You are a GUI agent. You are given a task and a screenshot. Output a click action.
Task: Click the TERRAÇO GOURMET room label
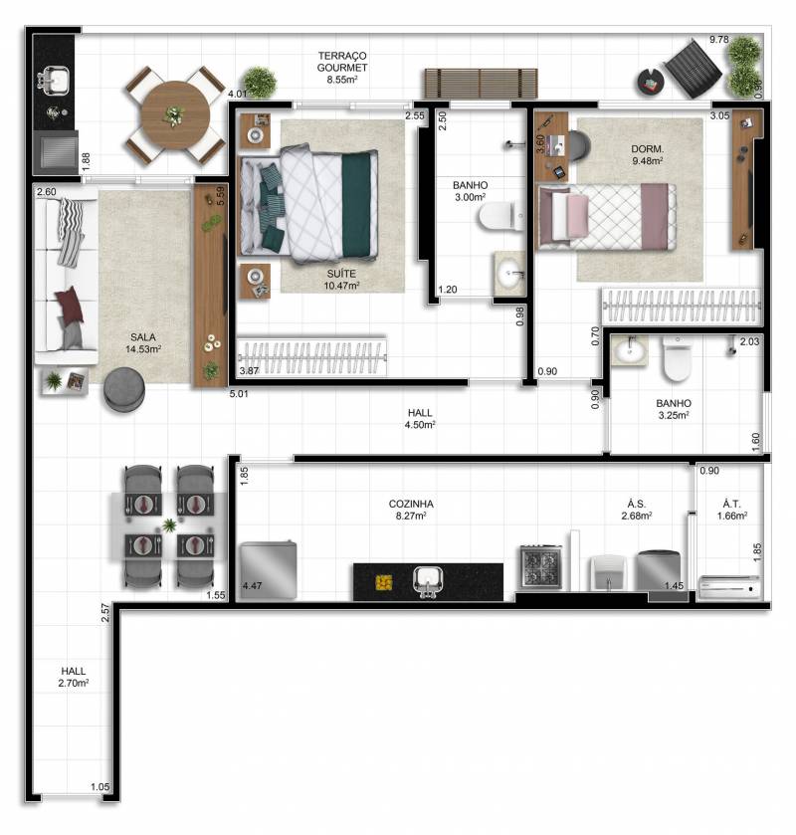pyautogui.click(x=342, y=68)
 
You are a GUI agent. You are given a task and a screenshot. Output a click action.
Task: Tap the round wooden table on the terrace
pyautogui.click(x=175, y=115)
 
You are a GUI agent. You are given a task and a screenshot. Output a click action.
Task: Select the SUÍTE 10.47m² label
pyautogui.click(x=341, y=280)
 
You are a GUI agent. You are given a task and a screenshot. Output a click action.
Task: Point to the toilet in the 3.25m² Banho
pyautogui.click(x=677, y=359)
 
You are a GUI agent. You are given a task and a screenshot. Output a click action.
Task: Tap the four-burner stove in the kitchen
pyautogui.click(x=541, y=566)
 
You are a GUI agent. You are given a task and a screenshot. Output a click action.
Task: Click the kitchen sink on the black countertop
pyautogui.click(x=428, y=580)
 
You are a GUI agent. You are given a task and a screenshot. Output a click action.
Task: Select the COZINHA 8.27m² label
pyautogui.click(x=411, y=510)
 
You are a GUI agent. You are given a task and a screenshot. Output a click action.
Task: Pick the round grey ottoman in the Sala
pyautogui.click(x=124, y=388)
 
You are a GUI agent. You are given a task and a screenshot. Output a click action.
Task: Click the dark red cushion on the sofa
pyautogui.click(x=70, y=305)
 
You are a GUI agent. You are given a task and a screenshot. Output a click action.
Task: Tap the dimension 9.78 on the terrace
pyautogui.click(x=718, y=40)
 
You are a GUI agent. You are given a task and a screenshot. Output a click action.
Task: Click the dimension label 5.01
pyautogui.click(x=239, y=394)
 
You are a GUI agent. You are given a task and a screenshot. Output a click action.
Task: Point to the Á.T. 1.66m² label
pyautogui.click(x=731, y=510)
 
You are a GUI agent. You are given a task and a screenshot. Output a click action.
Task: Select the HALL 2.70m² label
pyautogui.click(x=73, y=677)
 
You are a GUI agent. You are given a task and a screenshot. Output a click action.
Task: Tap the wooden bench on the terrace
pyautogui.click(x=481, y=84)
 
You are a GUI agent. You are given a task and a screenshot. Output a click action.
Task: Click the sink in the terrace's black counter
pyautogui.click(x=53, y=81)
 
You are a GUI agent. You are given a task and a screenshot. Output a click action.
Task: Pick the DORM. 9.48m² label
pyautogui.click(x=647, y=155)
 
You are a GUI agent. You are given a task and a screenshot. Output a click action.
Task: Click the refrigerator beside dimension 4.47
pyautogui.click(x=269, y=569)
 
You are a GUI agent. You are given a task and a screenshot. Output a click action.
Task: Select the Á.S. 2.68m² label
pyautogui.click(x=636, y=510)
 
